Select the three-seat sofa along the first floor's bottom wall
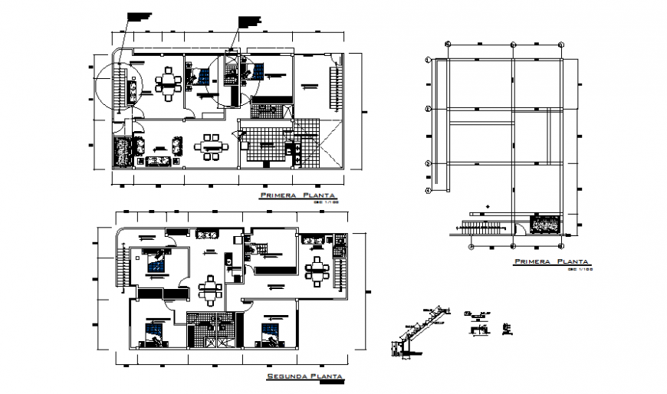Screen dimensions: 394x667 tap(162, 160)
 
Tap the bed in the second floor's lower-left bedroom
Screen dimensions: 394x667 tap(154, 333)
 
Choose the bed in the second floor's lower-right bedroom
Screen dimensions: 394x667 tap(270, 334)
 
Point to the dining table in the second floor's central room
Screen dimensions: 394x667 tap(209, 290)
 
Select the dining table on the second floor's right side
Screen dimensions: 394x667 tap(316, 270)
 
